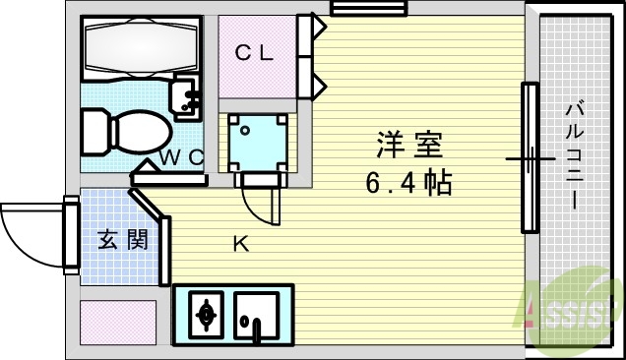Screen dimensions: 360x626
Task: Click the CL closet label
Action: pyautogui.click(x=254, y=53)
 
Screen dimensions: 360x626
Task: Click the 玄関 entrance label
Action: pyautogui.click(x=122, y=239)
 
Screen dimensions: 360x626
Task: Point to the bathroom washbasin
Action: pyautogui.click(x=186, y=96)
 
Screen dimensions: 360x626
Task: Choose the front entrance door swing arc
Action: pyautogui.click(x=30, y=235)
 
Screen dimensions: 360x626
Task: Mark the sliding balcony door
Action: pyautogui.click(x=531, y=157)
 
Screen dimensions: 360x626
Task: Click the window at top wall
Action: pyautogui.click(x=355, y=9)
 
